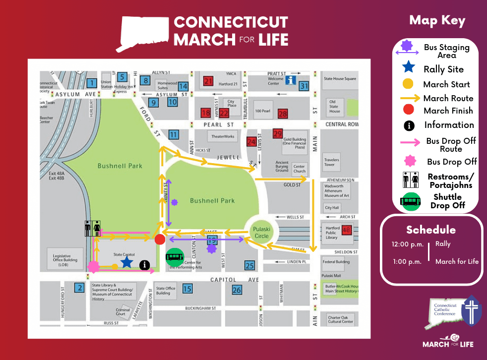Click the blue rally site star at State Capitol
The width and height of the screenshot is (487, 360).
(x=127, y=261)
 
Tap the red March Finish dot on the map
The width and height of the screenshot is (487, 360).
(x=160, y=240)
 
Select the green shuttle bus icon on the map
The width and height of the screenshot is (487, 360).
(x=175, y=256)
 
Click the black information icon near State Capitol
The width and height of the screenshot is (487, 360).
(x=145, y=265)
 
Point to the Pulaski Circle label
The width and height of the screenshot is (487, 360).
(x=261, y=233)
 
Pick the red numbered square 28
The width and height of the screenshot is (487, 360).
(x=283, y=114)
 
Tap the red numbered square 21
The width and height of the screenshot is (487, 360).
(x=208, y=81)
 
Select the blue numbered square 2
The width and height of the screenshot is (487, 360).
(x=79, y=287)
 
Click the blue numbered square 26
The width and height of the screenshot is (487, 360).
(x=237, y=290)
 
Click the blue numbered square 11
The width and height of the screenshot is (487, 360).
(x=173, y=134)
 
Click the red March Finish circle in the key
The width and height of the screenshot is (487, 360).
(x=408, y=110)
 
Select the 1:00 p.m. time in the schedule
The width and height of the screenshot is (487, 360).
(x=407, y=261)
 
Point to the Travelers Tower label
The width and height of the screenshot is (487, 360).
(x=332, y=162)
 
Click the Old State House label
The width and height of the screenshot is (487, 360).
(x=335, y=106)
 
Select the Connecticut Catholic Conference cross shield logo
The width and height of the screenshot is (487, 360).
(x=471, y=311)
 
